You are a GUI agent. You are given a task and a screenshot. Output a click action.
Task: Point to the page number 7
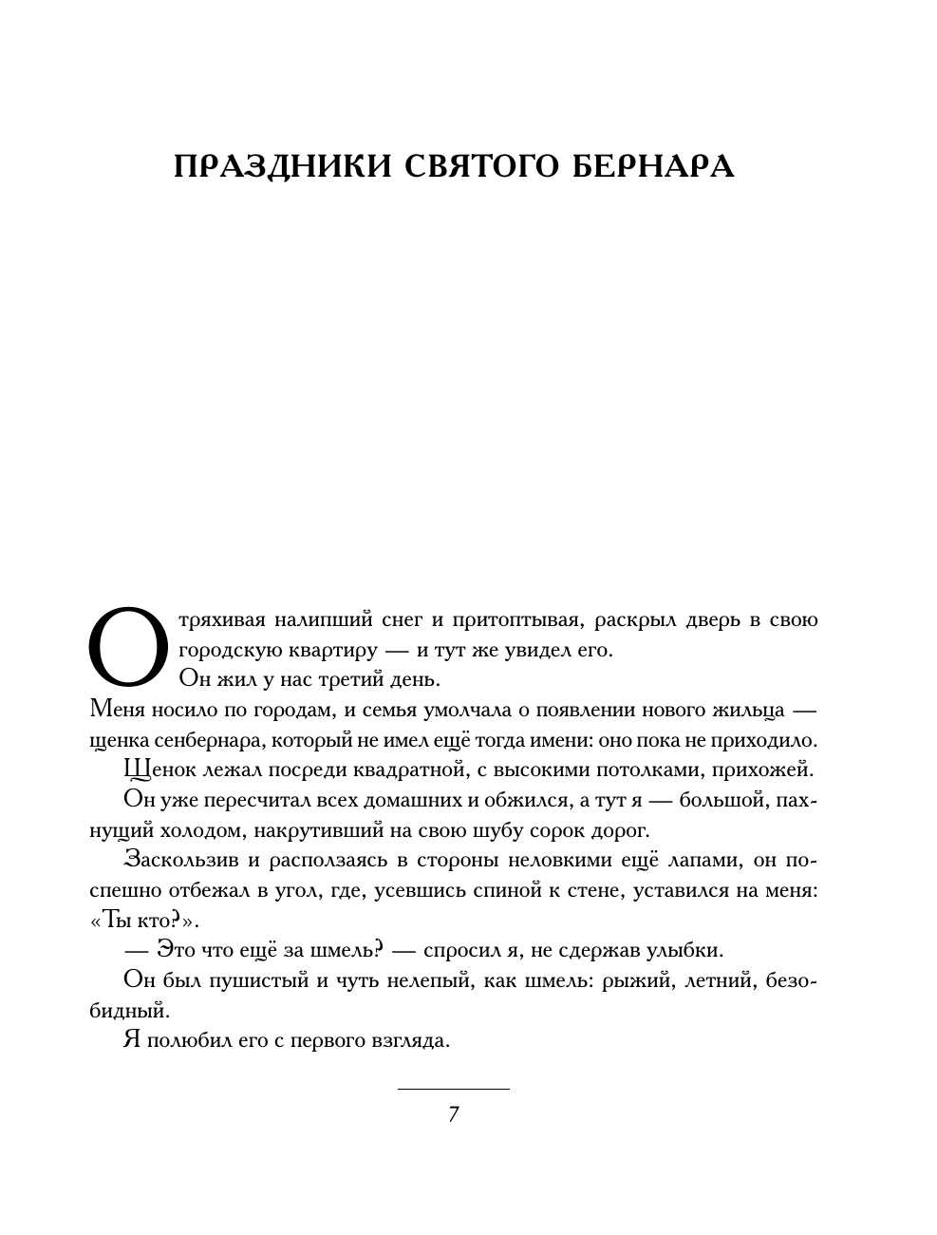pos(454,1114)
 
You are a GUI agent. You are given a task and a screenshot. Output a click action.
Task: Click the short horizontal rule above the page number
pos(453,1088)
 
